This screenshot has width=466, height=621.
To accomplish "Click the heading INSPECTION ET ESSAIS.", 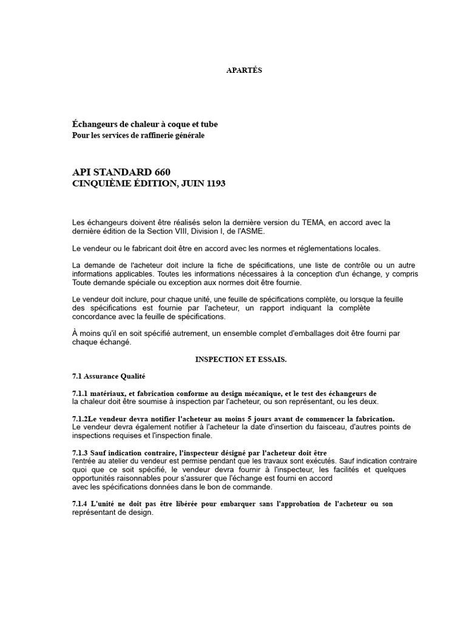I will (x=240, y=359).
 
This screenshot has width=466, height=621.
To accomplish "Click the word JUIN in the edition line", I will (x=186, y=183).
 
